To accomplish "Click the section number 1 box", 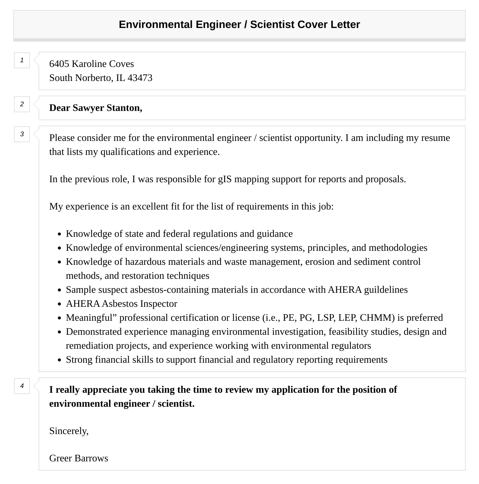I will (22, 60).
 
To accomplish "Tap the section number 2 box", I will (22, 104).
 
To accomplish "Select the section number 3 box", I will (22, 134).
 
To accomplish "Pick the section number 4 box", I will (22, 386).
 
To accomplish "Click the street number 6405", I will (59, 64).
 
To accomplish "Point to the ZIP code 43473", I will (140, 78).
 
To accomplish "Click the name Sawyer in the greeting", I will (88, 108).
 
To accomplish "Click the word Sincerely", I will (69, 431).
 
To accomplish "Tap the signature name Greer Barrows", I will (79, 458).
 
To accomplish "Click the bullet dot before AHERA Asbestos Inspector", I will (59, 304).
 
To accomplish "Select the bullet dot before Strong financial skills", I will (59, 360).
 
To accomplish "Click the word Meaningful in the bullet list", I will (89, 318).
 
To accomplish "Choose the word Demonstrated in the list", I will (94, 332).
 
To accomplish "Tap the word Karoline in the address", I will (88, 64).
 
